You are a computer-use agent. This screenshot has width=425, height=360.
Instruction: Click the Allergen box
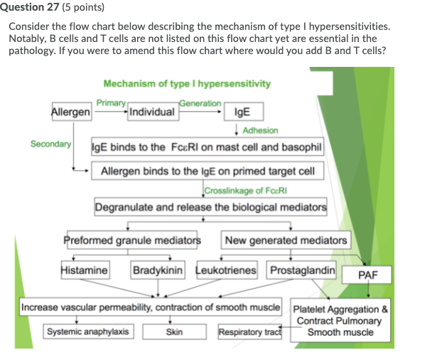(x=72, y=112)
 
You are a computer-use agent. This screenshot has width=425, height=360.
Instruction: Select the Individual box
(x=153, y=112)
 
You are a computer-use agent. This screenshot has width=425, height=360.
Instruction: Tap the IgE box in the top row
(x=244, y=112)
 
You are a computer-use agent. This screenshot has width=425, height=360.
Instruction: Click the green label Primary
(x=111, y=103)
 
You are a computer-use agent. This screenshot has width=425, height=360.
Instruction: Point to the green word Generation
(x=200, y=103)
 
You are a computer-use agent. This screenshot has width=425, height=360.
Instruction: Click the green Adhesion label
(x=260, y=130)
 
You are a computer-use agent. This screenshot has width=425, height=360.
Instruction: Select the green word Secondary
(x=50, y=144)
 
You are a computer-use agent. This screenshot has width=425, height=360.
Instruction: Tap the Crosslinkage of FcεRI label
(x=246, y=191)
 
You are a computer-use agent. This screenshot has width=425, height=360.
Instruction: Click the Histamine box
(x=85, y=270)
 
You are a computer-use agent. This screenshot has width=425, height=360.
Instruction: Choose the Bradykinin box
(x=158, y=270)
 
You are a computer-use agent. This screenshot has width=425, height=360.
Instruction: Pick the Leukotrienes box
(x=227, y=270)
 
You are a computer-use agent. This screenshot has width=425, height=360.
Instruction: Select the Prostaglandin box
(x=301, y=270)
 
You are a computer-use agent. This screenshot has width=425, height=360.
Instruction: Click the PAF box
(x=367, y=275)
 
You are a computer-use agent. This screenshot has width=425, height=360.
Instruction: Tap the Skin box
(x=174, y=332)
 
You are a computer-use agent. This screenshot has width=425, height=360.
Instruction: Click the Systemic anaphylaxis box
(x=88, y=332)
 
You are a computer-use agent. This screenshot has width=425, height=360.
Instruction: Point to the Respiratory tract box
(x=250, y=332)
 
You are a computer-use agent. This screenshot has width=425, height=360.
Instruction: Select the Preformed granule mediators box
(x=132, y=240)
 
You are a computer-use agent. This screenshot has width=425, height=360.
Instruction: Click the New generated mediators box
(x=286, y=240)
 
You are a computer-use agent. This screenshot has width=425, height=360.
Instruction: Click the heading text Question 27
(x=30, y=7)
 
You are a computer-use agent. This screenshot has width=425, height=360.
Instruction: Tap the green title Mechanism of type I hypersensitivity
(x=187, y=83)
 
